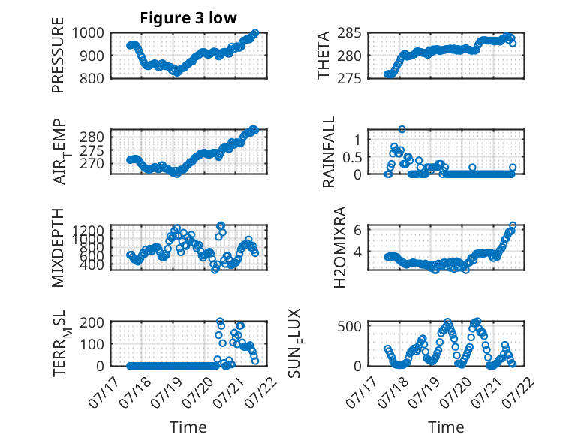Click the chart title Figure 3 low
(188, 18)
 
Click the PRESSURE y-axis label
(58, 55)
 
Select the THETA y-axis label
(324, 56)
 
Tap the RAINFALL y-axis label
(329, 151)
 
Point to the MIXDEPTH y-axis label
(58, 248)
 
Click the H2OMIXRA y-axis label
(340, 247)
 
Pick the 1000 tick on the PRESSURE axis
(88, 33)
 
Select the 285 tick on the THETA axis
(349, 33)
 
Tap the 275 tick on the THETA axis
(349, 78)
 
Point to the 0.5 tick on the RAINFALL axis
(352, 157)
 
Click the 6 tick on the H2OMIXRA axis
(357, 230)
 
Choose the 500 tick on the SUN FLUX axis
(349, 327)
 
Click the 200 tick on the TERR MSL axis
(92, 322)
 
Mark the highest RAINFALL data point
(402, 129)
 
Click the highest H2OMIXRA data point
(513, 225)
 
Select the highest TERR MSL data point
(220, 322)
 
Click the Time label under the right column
(446, 427)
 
